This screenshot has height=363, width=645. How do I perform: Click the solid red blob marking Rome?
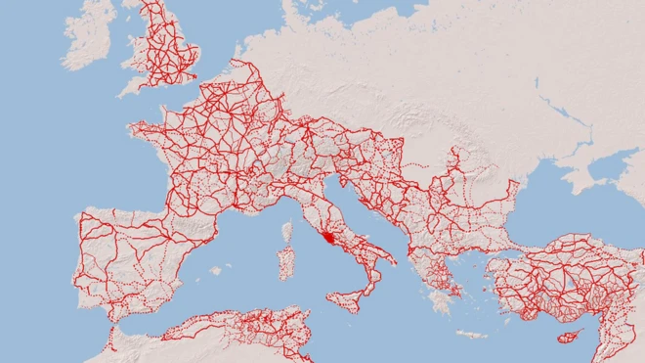point(331,237)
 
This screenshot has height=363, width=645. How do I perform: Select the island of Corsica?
point(288,233)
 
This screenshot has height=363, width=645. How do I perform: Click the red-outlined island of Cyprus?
point(565,338)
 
